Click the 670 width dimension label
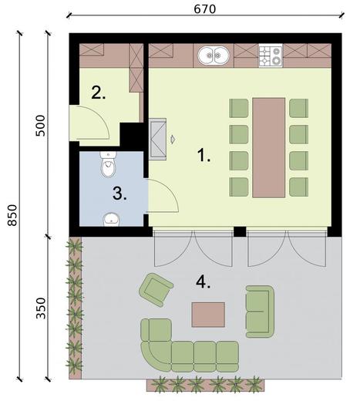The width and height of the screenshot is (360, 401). tap(205, 9)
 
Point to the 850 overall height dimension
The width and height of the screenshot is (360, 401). tap(12, 215)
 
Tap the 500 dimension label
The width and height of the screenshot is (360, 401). tap(40, 126)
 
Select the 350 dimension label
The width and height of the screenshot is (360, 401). tap(40, 308)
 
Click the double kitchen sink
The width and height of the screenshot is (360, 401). tap(214, 56)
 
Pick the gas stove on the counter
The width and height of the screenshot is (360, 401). tap(271, 56)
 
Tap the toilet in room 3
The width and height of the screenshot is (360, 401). tap(108, 164)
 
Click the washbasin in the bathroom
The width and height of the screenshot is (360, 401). tap(112, 220)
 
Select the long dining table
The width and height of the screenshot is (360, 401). tap(269, 147)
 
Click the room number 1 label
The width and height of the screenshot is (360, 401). tap(204, 156)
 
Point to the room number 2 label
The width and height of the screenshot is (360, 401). tap(99, 93)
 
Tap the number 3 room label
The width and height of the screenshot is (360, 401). tap(119, 194)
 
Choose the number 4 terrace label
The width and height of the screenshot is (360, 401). tap(203, 282)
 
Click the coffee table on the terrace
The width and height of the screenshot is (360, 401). tap(208, 315)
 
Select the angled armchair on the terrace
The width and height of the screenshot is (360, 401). tap(156, 290)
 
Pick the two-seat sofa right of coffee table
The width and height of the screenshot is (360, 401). tap(260, 312)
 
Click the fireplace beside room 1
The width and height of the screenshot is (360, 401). tap(158, 139)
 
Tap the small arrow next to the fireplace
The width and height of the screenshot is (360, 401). tap(173, 139)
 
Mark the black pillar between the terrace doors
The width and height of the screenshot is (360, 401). tap(240, 231)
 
